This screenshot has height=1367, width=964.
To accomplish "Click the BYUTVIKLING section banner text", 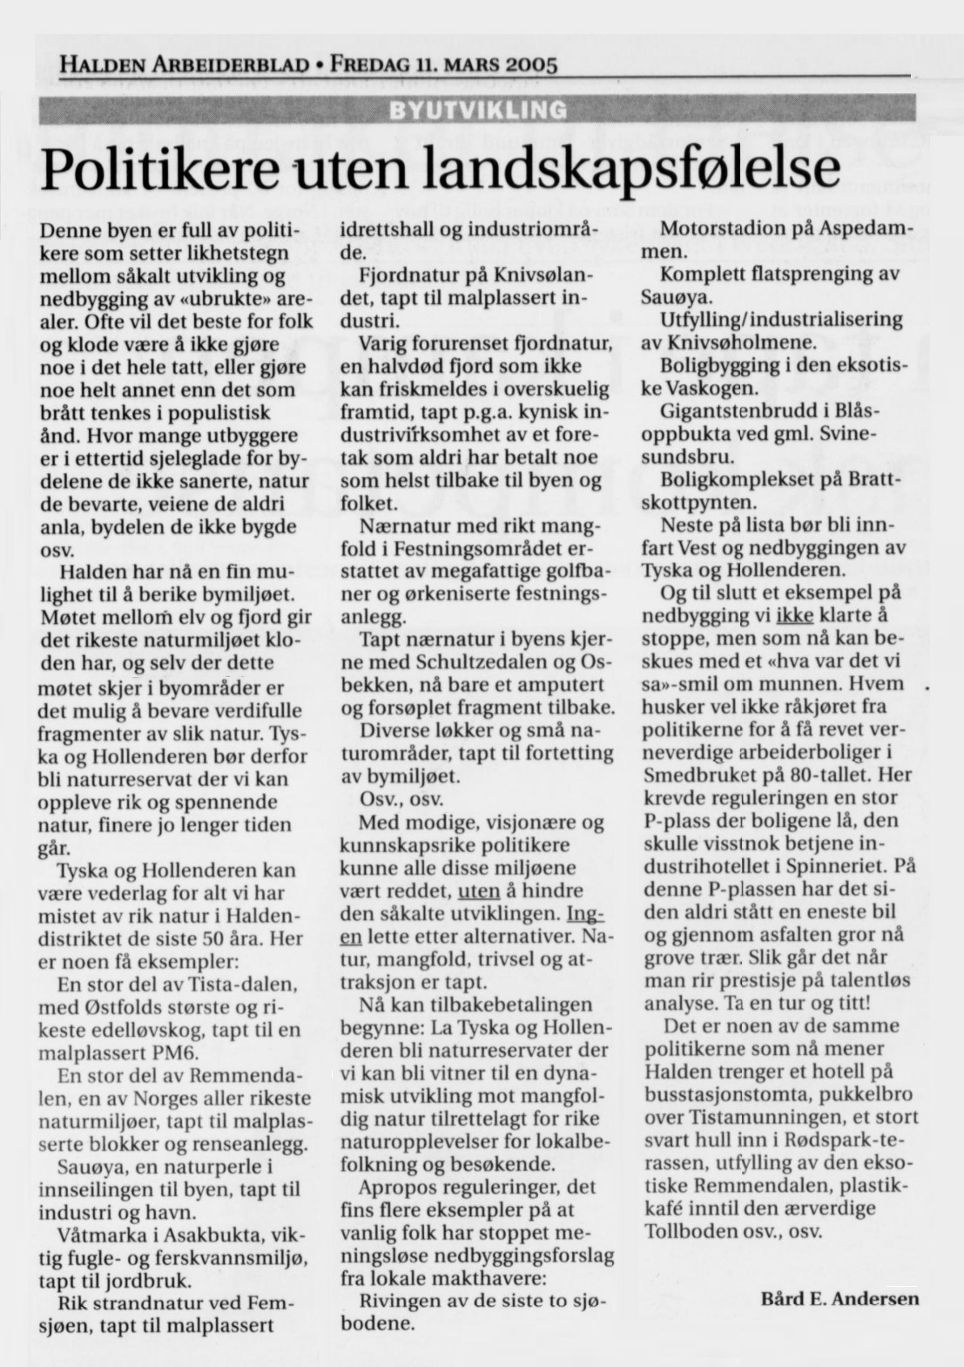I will click(x=478, y=110).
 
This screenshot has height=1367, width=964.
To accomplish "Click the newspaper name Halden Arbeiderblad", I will click(x=184, y=64).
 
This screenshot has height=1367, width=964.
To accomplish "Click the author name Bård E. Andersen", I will click(x=839, y=1298).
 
